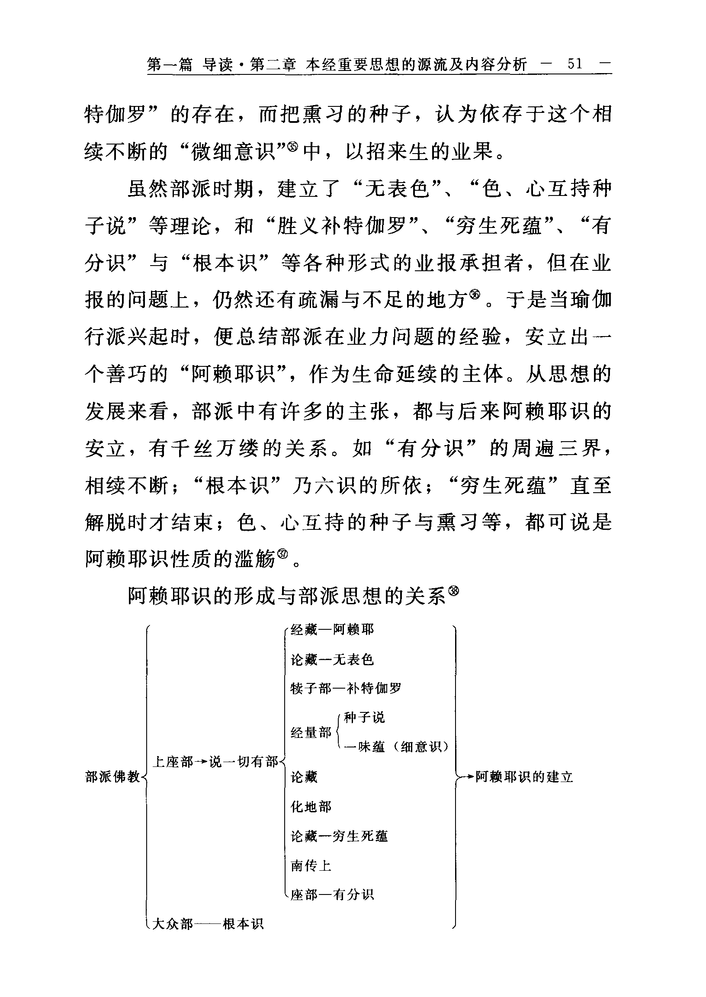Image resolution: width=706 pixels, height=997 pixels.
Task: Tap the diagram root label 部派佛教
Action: pos(112,777)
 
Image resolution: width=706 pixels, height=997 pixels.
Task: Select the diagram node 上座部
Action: pos(173,762)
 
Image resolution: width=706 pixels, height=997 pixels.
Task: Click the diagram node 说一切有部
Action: pos(244,762)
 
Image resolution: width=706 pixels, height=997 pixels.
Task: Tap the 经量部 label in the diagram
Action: pos(311,733)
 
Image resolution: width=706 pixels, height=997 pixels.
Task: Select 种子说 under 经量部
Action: pos(364,718)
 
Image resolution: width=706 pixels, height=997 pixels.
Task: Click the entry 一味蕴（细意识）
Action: pos(395,747)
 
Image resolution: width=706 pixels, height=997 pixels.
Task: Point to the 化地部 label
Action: pos(311,807)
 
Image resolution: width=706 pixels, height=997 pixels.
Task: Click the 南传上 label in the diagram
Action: pos(311,866)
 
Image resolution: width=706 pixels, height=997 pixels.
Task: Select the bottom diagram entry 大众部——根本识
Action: pos(207,923)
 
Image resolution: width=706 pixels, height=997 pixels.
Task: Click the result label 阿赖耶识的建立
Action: pos(524,777)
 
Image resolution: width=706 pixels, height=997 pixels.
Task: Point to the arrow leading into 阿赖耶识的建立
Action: pos(467,777)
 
